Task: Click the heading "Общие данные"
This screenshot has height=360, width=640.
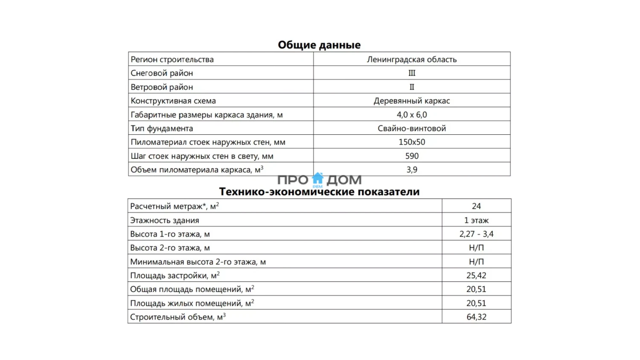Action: click(319, 45)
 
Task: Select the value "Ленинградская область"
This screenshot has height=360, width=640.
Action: click(412, 59)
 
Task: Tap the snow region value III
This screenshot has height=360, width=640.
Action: click(412, 73)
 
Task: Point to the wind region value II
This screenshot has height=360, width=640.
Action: click(412, 87)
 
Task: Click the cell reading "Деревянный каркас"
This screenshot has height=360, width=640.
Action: click(412, 101)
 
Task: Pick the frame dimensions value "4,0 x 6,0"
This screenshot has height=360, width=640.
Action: click(412, 115)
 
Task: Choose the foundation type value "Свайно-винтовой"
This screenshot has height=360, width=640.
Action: click(412, 128)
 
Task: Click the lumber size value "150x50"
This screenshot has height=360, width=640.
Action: click(412, 142)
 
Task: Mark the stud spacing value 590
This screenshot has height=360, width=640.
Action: click(412, 156)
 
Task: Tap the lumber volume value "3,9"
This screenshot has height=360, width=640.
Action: click(412, 170)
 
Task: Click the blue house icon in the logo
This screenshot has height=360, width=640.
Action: click(318, 178)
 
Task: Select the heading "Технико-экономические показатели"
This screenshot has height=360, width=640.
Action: click(319, 192)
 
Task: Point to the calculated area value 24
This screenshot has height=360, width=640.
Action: click(476, 206)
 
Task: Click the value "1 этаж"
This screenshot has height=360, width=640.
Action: click(476, 221)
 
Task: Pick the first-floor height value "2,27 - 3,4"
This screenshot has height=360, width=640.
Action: click(476, 234)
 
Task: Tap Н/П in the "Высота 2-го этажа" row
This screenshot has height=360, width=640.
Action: click(476, 248)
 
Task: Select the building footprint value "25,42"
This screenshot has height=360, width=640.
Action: click(476, 276)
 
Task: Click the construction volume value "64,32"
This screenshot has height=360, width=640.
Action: click(476, 317)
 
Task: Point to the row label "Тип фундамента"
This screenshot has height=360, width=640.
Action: click(162, 128)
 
